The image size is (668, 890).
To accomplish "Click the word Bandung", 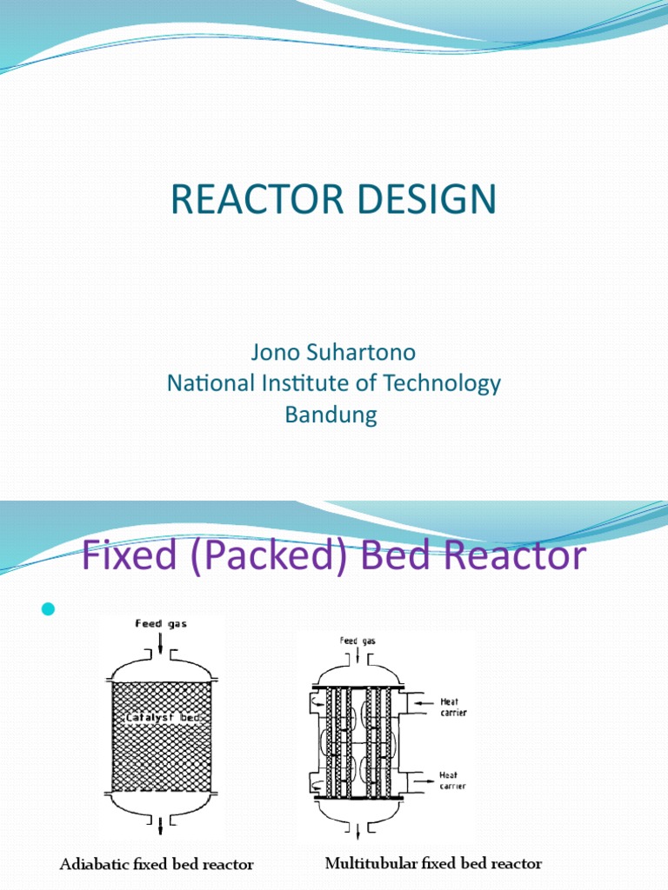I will point(331,415).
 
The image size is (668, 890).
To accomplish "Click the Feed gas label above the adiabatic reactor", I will point(162,623).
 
